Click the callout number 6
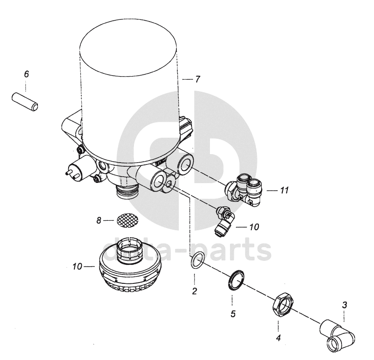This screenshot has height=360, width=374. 26,74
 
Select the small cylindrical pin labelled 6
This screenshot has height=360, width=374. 25,102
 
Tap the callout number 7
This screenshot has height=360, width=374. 197,79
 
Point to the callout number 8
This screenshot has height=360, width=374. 99,220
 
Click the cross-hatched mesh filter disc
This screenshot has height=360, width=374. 127,220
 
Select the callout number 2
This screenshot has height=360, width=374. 194,291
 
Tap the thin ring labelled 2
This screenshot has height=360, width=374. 197,260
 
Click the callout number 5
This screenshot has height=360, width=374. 233,314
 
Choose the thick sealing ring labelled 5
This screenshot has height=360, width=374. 236,280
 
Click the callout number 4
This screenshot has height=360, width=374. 278,337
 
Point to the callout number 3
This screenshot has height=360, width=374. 344,305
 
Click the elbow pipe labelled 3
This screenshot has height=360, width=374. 337,335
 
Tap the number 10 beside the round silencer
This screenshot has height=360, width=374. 77,266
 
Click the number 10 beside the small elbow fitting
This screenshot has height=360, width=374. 254,227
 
